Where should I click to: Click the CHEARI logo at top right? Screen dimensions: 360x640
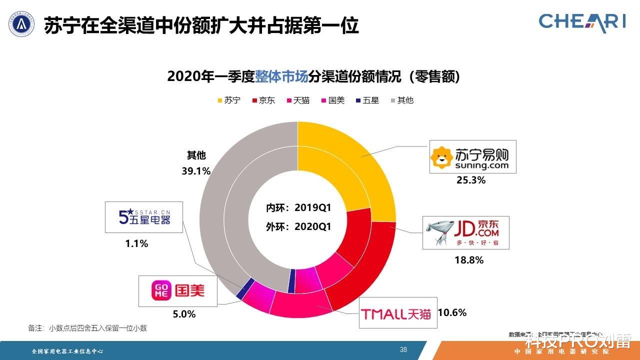pos(582,22)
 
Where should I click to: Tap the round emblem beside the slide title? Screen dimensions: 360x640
pos(21,23)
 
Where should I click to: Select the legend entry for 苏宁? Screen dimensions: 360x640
pos(228,100)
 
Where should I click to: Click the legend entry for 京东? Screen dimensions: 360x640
pos(263,100)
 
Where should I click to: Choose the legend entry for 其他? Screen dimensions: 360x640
pos(401,100)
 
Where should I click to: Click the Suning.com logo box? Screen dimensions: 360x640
pos(472,156)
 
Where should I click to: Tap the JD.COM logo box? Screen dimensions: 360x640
pos(466,232)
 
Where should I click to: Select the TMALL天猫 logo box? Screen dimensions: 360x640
pos(398,313)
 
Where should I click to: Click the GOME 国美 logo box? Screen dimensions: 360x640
pos(178,290)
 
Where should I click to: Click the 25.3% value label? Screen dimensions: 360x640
pos(470,180)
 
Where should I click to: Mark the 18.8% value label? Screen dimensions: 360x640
pos(469,260)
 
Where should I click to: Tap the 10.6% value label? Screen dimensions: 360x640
pos(452,313)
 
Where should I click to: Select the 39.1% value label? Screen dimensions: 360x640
pos(196,171)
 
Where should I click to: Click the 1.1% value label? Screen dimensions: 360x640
pos(136,244)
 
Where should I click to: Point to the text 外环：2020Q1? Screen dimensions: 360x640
pos(298,226)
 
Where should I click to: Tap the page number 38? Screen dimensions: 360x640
pos(403,349)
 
